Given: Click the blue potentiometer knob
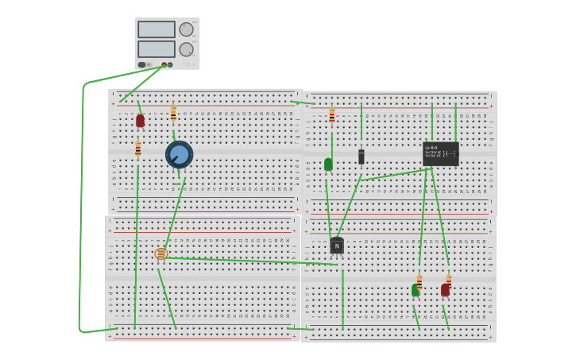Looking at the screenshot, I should tap(180, 153).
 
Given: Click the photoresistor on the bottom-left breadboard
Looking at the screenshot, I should tap(161, 254).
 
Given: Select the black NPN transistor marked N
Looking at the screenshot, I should tap(337, 246).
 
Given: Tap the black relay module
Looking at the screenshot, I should tap(441, 153).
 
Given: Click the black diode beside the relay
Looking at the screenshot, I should tap(361, 157).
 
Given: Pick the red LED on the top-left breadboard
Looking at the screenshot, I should tap(141, 121).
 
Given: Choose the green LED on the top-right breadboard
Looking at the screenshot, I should tap(328, 165).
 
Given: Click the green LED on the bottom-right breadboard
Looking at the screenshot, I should tap(416, 291).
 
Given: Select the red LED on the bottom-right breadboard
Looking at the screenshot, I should tap(446, 290).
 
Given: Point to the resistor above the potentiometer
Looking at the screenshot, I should tap(173, 114).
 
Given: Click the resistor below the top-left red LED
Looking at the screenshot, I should tap(138, 149).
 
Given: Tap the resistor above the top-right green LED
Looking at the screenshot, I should tap(332, 116).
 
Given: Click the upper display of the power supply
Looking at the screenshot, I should tap(157, 29).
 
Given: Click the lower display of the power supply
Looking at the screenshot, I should tap(157, 48).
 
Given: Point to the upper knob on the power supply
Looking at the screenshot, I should tap(186, 29).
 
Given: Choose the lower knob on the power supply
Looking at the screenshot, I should tap(186, 49).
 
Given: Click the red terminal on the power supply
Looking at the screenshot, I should tap(164, 65).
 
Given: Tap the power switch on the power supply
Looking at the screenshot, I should tap(141, 65).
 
